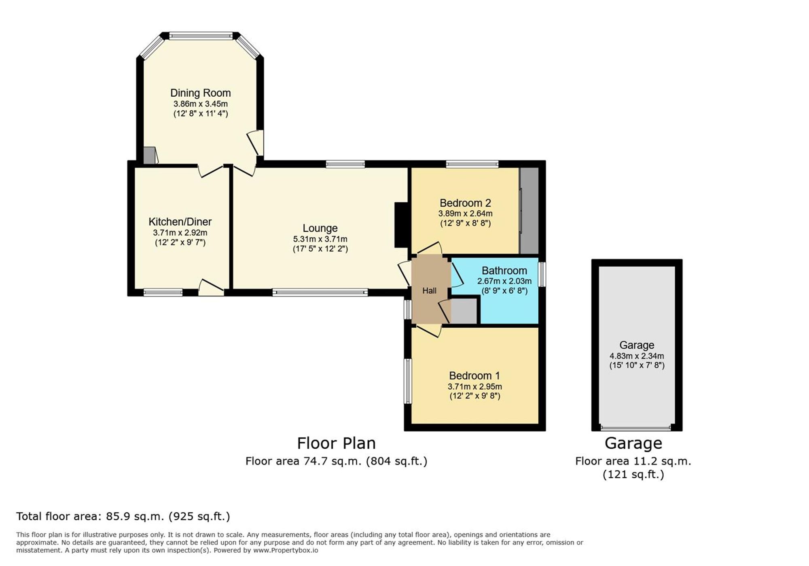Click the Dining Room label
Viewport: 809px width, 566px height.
[200, 93]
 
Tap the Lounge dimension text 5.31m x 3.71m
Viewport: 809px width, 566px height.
[320, 239]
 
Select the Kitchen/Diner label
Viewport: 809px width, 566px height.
[180, 222]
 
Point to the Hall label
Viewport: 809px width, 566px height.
[429, 290]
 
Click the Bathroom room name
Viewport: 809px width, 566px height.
[504, 271]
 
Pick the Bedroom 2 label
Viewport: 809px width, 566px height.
[465, 203]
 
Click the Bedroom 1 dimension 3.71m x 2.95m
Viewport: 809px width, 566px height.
[474, 386]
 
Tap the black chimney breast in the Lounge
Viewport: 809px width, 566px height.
[401, 225]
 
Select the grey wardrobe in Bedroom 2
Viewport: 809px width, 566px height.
[529, 210]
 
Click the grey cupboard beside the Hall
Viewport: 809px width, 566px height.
[464, 311]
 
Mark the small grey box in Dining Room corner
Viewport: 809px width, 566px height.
[149, 156]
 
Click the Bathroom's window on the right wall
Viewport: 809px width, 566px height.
[542, 274]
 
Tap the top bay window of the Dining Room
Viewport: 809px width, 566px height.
[201, 36]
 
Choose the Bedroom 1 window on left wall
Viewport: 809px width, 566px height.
[408, 381]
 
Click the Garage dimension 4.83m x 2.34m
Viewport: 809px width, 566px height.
[637, 356]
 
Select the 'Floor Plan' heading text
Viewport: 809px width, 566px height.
[336, 443]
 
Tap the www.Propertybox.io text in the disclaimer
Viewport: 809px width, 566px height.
[286, 550]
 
